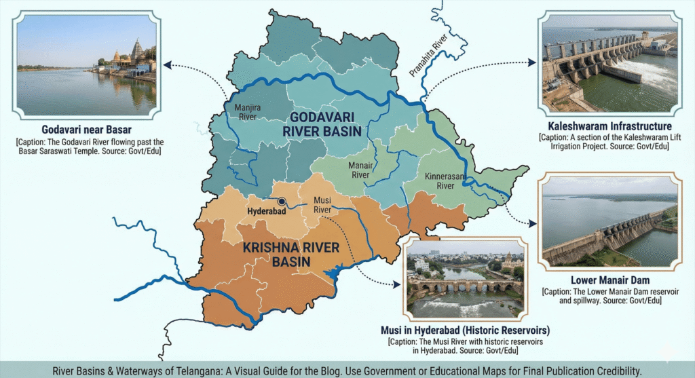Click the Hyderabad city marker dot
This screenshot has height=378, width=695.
(x=281, y=201)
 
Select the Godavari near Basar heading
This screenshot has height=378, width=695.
(x=86, y=130)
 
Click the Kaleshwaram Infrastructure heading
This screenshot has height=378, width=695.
(x=609, y=126)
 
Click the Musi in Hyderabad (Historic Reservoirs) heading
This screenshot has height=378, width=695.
(x=465, y=330)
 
